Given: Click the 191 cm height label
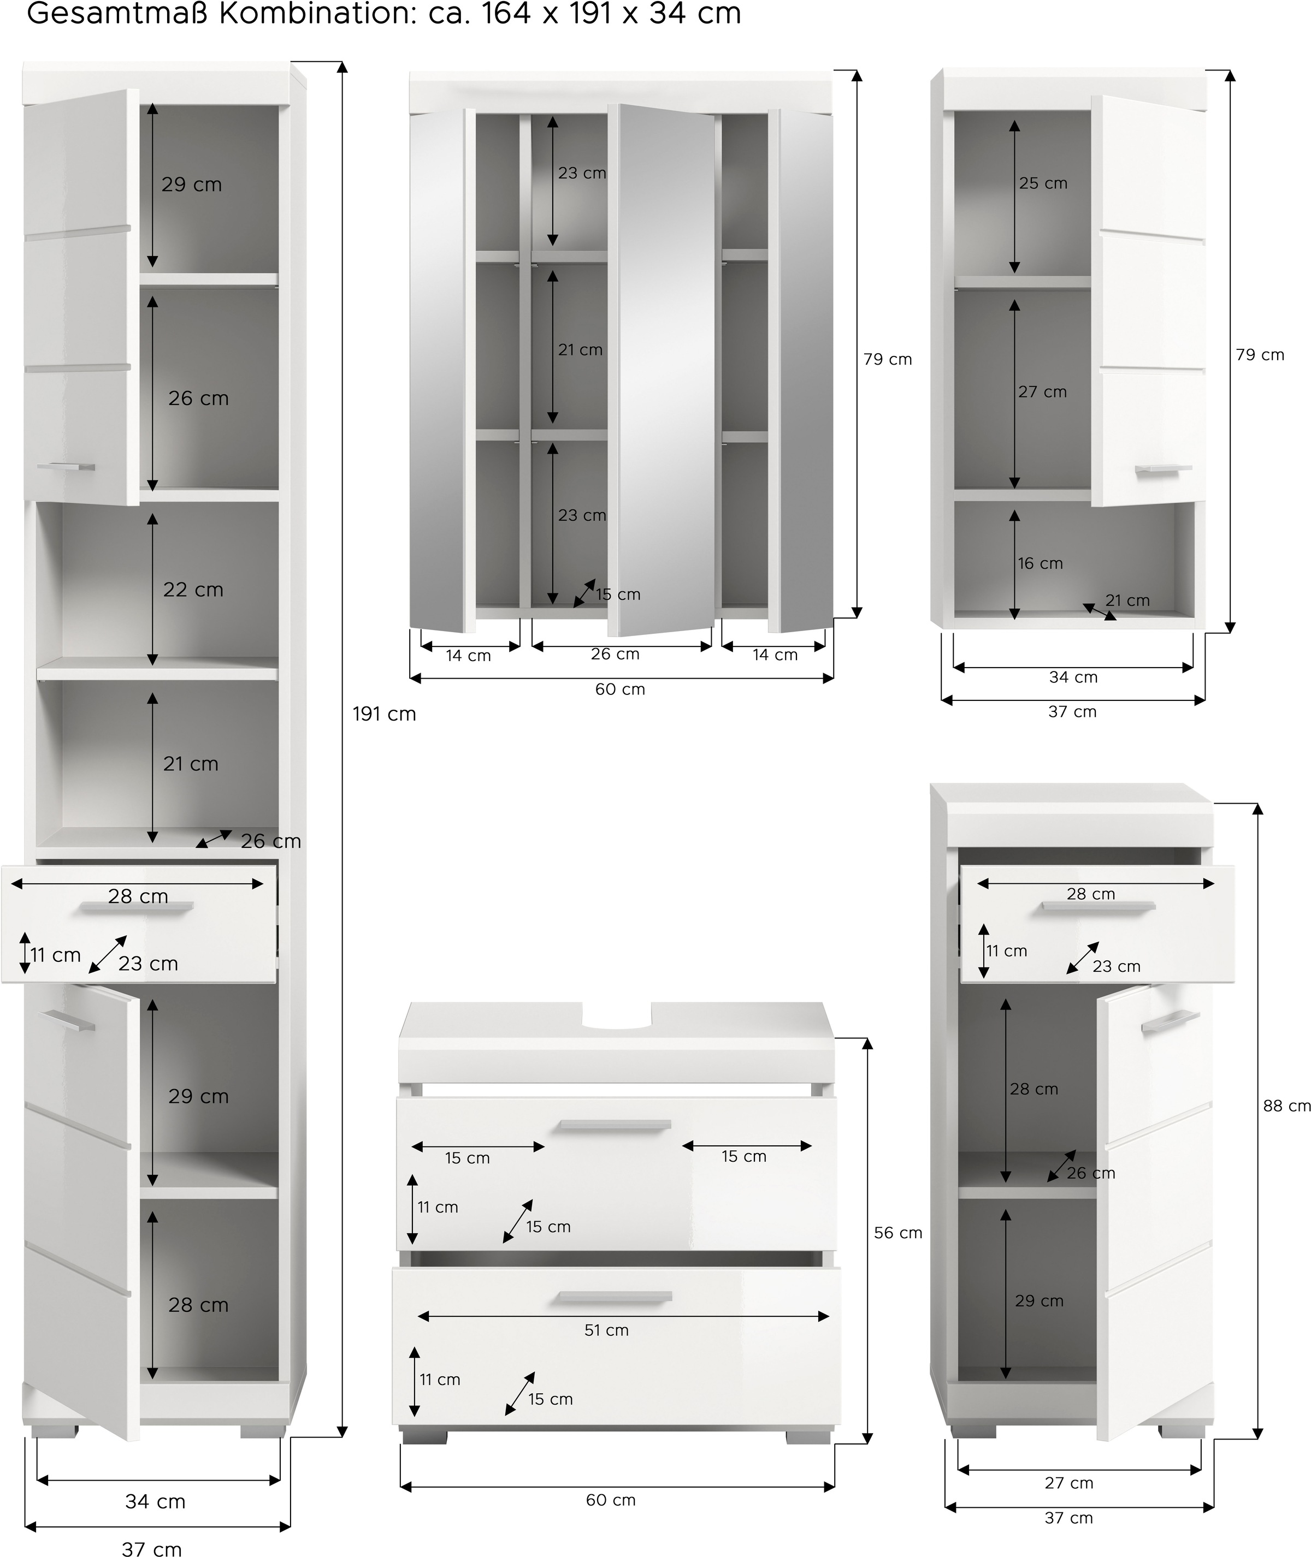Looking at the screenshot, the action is (x=384, y=714).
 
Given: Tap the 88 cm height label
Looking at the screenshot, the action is (x=1286, y=1106).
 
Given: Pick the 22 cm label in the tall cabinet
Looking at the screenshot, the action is (x=193, y=589).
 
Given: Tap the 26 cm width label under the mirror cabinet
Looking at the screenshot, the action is (x=616, y=653).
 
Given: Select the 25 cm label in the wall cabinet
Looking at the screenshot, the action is (x=1043, y=183).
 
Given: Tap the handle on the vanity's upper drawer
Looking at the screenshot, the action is (x=615, y=1125).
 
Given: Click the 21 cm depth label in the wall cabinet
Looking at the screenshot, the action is (x=1127, y=599).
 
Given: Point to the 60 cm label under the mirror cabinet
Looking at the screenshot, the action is (x=620, y=688).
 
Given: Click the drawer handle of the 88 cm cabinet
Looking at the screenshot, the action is (x=1099, y=906).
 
